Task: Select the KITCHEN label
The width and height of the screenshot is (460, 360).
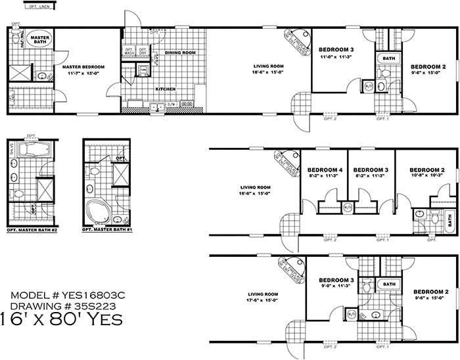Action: pos(164,89)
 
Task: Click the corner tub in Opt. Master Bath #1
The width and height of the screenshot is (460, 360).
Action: pos(97,212)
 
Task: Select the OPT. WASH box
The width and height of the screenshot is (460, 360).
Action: pos(129,51)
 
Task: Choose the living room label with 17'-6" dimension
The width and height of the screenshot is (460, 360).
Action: pos(260,294)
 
